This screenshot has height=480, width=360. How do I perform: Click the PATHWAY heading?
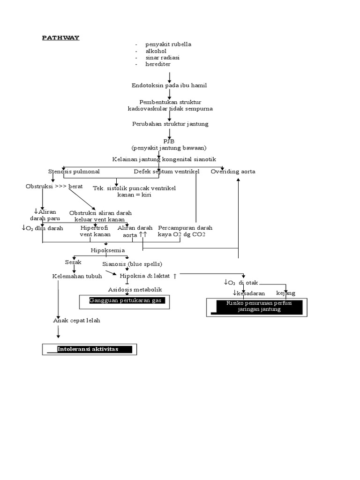(x=60, y=38)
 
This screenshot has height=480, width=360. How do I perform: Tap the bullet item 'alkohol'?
(x=156, y=51)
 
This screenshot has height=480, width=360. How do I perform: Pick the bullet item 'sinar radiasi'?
(x=162, y=58)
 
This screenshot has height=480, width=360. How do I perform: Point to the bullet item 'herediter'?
(x=157, y=64)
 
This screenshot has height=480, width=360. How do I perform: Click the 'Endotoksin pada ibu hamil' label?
(x=169, y=86)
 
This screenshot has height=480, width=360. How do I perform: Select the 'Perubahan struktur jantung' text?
(x=170, y=124)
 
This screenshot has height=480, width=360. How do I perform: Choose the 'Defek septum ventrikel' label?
(x=166, y=172)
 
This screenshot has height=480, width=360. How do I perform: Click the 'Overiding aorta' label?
(x=233, y=172)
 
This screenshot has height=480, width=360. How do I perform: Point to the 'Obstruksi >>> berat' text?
(x=54, y=187)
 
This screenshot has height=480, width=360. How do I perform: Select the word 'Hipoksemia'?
(x=108, y=250)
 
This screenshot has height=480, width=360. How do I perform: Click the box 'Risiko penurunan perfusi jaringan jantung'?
(x=256, y=307)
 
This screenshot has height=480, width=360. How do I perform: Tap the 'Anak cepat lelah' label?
(x=76, y=321)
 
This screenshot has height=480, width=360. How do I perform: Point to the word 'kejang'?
(x=285, y=293)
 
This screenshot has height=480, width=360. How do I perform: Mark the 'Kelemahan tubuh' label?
(x=77, y=277)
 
